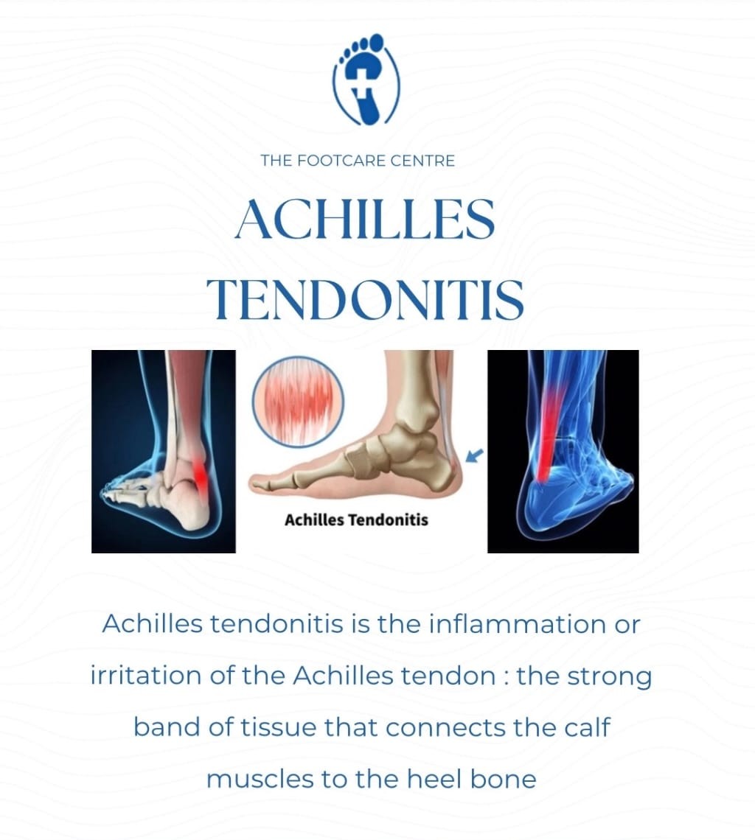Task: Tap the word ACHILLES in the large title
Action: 364,219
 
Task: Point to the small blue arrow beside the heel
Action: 476,457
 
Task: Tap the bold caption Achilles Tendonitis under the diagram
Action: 356,520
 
